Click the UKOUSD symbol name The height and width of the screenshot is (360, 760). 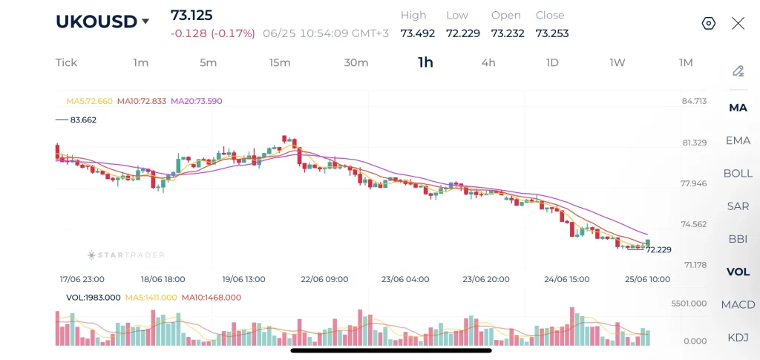pyautogui.click(x=96, y=22)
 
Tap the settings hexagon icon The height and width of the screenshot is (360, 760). pyautogui.click(x=709, y=23)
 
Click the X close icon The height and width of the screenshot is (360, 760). pyautogui.click(x=738, y=23)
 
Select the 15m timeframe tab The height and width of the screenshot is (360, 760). pyautogui.click(x=280, y=62)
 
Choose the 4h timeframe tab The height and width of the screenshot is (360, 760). pyautogui.click(x=488, y=62)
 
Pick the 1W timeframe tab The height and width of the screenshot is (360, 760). pyautogui.click(x=617, y=62)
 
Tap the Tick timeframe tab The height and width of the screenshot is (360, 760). pyautogui.click(x=66, y=62)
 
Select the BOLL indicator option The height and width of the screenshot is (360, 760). pyautogui.click(x=738, y=174)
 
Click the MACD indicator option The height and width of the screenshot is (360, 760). pyautogui.click(x=738, y=305)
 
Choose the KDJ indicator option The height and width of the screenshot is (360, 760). pyautogui.click(x=738, y=338)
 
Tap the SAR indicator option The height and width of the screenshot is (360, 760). pyautogui.click(x=738, y=206)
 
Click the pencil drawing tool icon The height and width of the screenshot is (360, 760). pyautogui.click(x=738, y=71)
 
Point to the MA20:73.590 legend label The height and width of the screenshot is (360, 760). pyautogui.click(x=197, y=101)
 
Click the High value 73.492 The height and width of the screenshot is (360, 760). pyautogui.click(x=417, y=33)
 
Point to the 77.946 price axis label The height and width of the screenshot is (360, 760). pyautogui.click(x=694, y=183)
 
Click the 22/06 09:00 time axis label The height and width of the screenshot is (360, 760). pyautogui.click(x=324, y=280)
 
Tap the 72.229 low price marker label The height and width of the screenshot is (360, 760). pyautogui.click(x=659, y=250)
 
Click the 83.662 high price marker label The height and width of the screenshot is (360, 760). pyautogui.click(x=83, y=120)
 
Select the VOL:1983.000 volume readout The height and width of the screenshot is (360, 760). pyautogui.click(x=93, y=298)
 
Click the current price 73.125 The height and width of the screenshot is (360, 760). pyautogui.click(x=191, y=15)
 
